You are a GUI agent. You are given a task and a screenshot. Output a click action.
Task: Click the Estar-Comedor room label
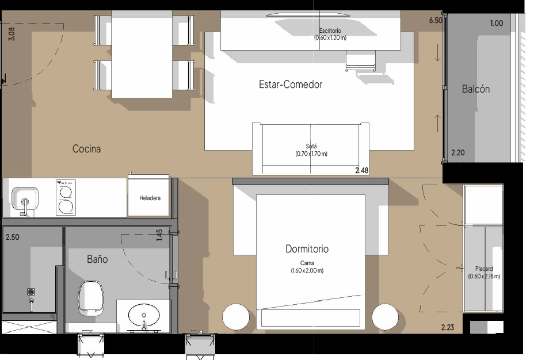291,85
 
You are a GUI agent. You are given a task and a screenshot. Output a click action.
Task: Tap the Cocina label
86,149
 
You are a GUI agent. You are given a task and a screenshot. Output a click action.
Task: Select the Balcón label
476,89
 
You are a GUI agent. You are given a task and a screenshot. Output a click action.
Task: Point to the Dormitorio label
307,249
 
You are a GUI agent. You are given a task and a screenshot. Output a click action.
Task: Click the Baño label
97,259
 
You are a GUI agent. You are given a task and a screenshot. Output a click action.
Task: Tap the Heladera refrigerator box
148,196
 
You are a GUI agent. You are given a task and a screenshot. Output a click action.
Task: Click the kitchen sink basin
25,198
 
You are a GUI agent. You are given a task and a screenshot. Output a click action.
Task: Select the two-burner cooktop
66,197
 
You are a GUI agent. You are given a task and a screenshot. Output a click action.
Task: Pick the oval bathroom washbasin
144,315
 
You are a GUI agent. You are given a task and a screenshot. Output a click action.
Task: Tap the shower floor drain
31,292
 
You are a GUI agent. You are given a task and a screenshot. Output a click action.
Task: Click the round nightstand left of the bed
236,317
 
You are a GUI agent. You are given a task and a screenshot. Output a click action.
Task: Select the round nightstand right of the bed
385,317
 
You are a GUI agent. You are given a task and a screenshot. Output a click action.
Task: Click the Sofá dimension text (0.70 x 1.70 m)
311,154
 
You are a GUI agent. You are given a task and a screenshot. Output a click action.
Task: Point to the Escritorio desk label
330,30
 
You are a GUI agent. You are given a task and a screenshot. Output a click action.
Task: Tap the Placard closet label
484,269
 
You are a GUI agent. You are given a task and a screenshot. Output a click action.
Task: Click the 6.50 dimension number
436,21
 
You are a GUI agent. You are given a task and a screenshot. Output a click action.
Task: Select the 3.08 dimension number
12,34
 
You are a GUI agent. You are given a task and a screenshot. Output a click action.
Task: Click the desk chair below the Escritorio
361,61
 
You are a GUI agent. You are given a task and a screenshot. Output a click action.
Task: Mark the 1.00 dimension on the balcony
497,23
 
